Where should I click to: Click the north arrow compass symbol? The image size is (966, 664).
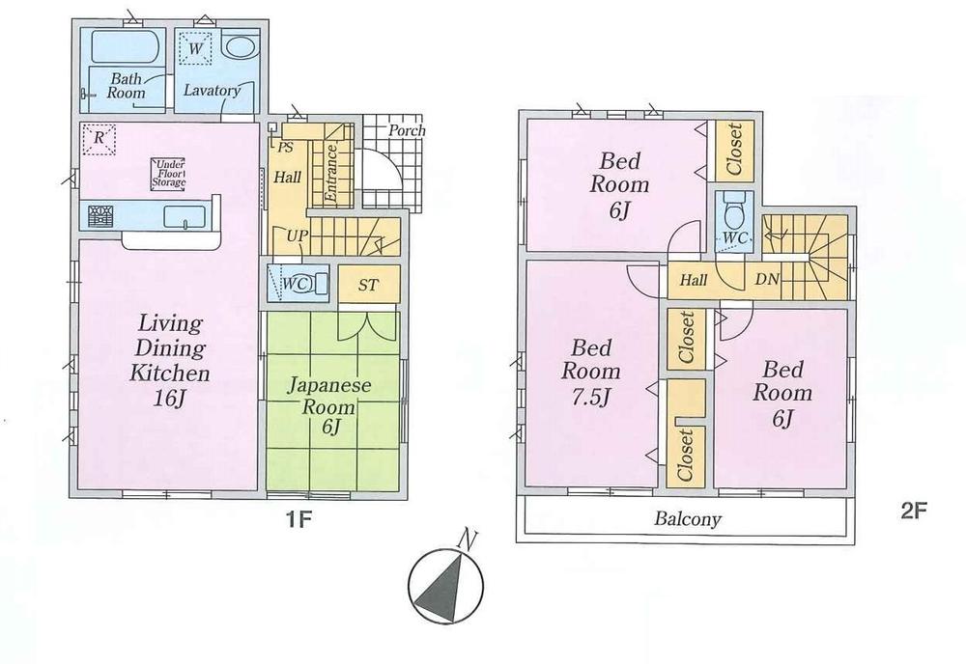pos(445,588)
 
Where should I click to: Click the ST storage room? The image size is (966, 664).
pos(368,285)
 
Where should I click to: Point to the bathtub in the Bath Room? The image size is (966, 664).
pos(123,47)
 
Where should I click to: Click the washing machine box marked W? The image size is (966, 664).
pos(196,47)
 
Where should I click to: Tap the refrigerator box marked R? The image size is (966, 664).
pos(99,138)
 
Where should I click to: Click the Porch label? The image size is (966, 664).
pos(407,130)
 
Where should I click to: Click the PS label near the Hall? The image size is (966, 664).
pos(285,149)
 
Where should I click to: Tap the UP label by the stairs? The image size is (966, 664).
pos(297,235)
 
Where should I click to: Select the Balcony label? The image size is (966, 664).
pos(688,520)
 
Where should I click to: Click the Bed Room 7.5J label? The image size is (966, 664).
pos(594,372)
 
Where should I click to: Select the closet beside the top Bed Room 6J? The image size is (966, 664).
pos(733,150)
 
